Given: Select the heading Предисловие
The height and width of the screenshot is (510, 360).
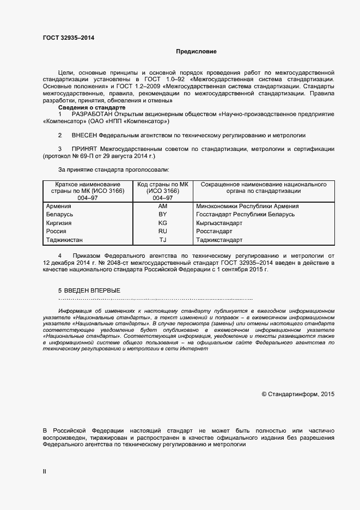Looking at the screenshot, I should (x=196, y=52).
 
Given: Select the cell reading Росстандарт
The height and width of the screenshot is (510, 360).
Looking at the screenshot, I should (x=214, y=232).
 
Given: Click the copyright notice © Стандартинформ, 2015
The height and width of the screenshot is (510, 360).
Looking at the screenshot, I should (x=298, y=393).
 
